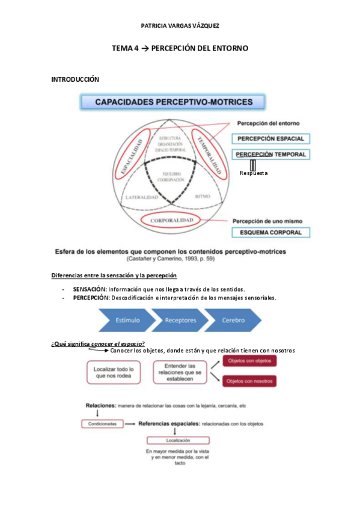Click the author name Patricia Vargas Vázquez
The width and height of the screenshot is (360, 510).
(x=180, y=26)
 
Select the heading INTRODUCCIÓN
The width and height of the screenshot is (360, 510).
(x=75, y=79)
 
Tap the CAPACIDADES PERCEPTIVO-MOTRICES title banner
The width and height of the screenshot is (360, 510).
(x=174, y=102)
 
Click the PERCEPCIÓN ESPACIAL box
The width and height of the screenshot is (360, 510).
(x=271, y=138)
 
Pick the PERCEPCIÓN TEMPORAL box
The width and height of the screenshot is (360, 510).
(x=271, y=154)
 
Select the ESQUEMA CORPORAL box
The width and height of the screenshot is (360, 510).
(x=271, y=232)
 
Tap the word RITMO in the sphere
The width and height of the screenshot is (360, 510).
(x=203, y=195)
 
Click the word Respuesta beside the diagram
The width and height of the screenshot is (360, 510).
(x=254, y=174)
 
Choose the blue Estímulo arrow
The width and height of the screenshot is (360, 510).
(x=127, y=321)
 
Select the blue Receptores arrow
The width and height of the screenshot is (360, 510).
(x=180, y=321)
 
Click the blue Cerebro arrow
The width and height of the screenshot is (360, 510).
(x=232, y=321)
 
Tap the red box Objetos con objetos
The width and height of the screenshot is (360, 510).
(x=249, y=361)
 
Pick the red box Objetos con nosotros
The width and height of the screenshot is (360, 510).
(x=249, y=380)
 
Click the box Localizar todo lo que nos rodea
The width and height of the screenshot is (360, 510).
(x=114, y=372)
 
